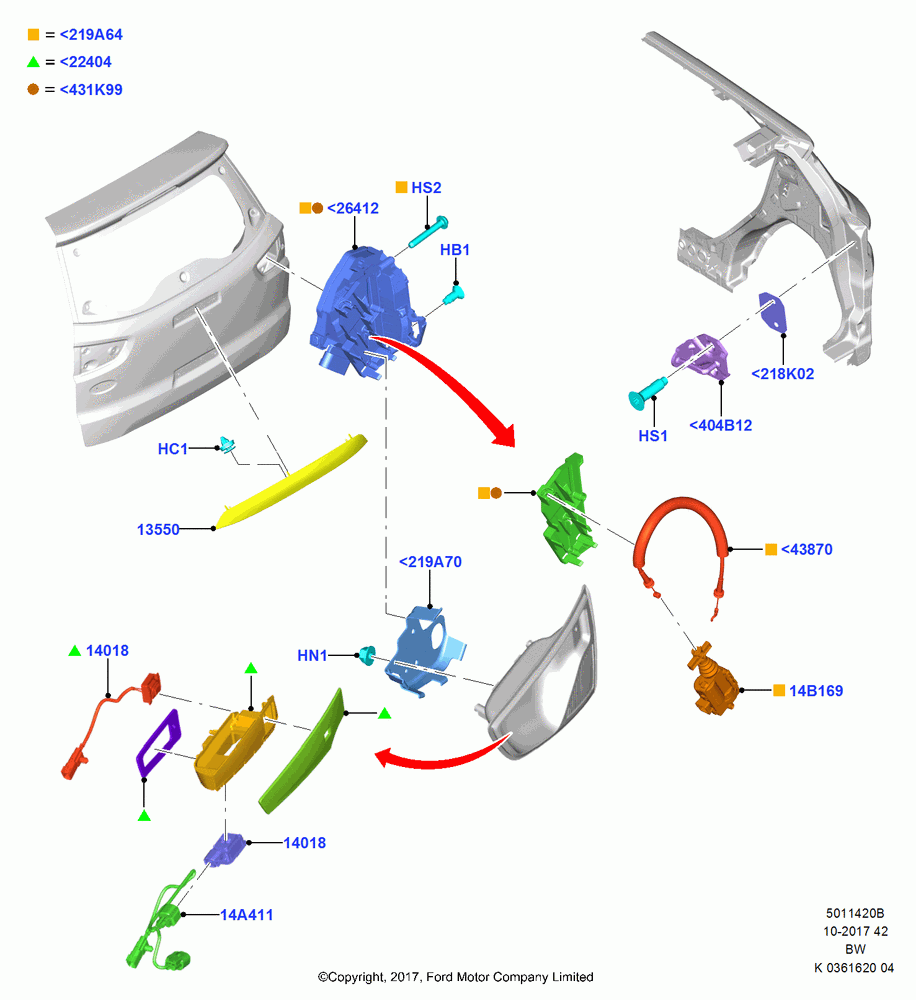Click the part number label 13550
click(158, 529)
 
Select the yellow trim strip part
click(291, 482)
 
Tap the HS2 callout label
click(426, 188)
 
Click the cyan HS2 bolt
click(428, 232)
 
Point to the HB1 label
click(455, 250)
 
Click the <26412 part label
click(353, 209)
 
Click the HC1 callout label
click(173, 449)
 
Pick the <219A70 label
click(430, 562)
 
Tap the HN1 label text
click(313, 656)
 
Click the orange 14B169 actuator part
click(713, 679)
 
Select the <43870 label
click(806, 549)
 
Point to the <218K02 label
click(783, 374)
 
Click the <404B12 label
click(721, 425)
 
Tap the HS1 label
click(653, 436)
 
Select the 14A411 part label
click(246, 915)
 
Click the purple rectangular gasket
click(158, 742)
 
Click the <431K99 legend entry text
click(91, 90)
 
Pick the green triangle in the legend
click(33, 62)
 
